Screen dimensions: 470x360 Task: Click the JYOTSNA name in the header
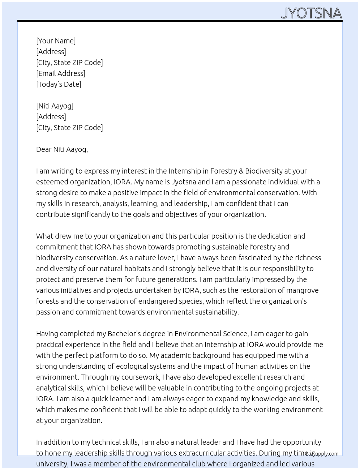point(311,13)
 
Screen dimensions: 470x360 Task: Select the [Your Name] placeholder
point(56,41)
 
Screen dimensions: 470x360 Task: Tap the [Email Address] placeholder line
point(61,73)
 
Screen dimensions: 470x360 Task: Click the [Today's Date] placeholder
point(59,84)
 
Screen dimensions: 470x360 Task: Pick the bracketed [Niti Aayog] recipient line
point(55,106)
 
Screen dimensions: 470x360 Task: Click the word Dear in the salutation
point(44,149)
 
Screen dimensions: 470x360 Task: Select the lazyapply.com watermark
point(322,454)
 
